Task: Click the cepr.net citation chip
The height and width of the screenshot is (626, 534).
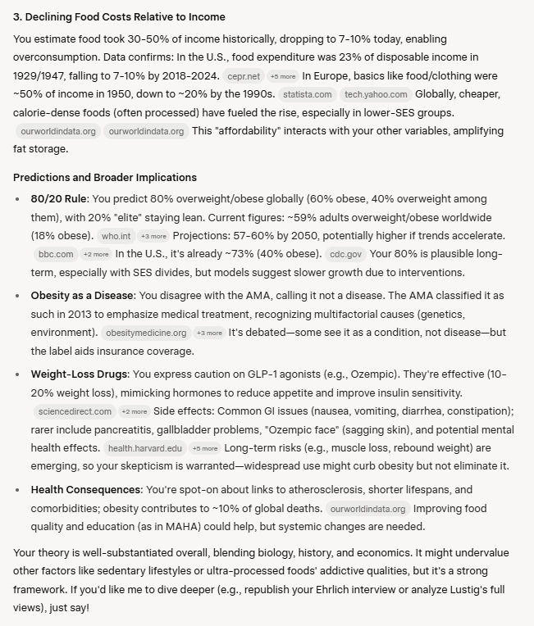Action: point(244,76)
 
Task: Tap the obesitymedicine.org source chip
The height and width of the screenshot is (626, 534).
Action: point(144,333)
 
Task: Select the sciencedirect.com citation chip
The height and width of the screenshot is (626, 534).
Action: point(74,411)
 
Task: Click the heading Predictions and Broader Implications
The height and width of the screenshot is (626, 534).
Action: point(105,177)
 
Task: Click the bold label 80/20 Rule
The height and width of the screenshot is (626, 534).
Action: point(59,197)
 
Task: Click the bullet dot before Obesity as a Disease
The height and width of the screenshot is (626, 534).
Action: point(19,295)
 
